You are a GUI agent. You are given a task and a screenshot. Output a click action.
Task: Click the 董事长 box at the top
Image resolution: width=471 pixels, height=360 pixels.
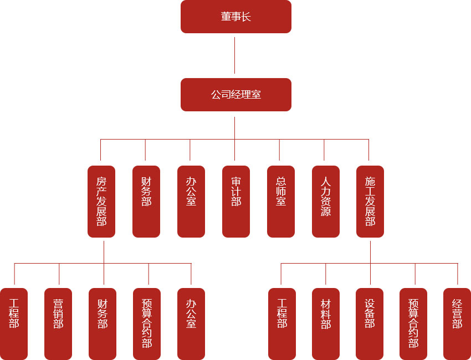tap(235, 17)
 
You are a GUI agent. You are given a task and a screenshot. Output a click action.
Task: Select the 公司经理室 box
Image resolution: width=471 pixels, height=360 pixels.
tap(235, 95)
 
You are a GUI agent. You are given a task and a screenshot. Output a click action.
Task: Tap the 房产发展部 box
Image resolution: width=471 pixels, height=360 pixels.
tap(101, 202)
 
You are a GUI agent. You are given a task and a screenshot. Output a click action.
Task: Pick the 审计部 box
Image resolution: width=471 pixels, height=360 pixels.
tap(236, 202)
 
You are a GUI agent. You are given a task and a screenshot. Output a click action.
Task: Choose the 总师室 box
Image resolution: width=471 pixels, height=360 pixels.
tap(281, 202)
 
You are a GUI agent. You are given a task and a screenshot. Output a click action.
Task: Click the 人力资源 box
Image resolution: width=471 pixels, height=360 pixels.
tap(326, 202)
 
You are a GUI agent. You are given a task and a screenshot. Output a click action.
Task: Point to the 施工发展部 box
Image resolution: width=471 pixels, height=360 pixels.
tap(370, 202)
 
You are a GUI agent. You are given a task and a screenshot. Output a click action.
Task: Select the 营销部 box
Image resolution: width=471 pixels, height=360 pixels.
tap(58, 324)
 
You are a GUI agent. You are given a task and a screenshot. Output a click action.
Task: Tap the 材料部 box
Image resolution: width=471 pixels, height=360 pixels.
tap(326, 324)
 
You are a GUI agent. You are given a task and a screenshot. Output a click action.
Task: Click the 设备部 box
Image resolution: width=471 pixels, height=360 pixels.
tap(370, 324)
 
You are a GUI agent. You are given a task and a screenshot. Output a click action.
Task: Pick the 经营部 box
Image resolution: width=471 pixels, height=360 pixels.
tap(457, 324)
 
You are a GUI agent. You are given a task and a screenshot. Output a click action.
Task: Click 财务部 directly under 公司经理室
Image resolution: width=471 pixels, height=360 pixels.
tap(146, 202)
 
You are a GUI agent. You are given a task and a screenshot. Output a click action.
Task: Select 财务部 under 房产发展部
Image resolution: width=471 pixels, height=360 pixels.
tap(103, 324)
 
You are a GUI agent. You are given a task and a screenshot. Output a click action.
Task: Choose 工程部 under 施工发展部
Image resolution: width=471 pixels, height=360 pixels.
tap(282, 324)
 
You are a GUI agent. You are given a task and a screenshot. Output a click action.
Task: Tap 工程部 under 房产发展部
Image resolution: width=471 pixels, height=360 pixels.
tap(14, 324)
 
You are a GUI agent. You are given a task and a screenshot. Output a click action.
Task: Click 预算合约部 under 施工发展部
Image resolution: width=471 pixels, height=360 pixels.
tap(413, 324)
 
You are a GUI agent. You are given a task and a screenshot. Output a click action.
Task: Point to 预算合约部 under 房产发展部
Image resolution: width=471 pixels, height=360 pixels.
tap(147, 324)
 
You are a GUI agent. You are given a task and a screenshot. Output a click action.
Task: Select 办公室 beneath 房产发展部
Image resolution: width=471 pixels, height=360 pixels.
tap(191, 324)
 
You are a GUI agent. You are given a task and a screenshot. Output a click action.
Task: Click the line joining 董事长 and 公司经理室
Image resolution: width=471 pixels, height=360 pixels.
tap(235, 55)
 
